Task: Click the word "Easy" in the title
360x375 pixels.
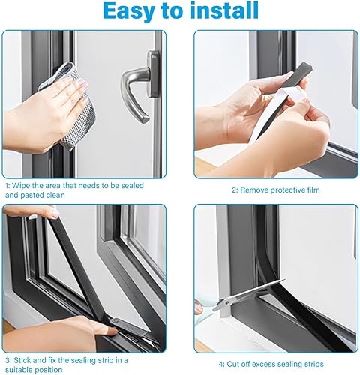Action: click(130, 11)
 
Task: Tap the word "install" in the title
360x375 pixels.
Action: click(224, 10)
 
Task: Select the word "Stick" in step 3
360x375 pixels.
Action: click(22, 360)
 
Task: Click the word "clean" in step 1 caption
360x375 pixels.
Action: click(55, 195)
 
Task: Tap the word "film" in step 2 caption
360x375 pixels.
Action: click(313, 190)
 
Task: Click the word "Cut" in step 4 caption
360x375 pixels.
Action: click(232, 364)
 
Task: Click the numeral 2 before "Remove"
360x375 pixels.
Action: click(235, 190)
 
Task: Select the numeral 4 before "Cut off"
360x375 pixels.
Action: click(221, 364)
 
